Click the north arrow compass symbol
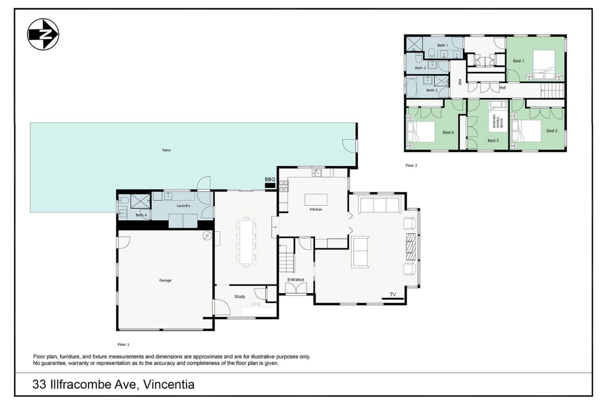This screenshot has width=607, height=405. [43, 34]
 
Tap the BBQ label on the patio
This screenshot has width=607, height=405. [270, 179]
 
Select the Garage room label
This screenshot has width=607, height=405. [165, 280]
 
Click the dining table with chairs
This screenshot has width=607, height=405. [246, 242]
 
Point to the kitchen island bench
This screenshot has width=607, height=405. [316, 200]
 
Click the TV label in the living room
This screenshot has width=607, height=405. [393, 295]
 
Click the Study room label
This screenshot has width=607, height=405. [240, 296]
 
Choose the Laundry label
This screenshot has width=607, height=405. [183, 206]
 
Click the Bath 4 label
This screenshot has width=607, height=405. [141, 215]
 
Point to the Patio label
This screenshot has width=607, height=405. [166, 150]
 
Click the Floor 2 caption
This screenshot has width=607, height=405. [411, 165]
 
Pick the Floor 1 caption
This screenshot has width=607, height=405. [123, 345]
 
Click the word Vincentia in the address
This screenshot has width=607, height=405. [169, 384]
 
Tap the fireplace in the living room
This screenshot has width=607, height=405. [410, 247]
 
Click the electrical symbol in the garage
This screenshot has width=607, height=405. [207, 236]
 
